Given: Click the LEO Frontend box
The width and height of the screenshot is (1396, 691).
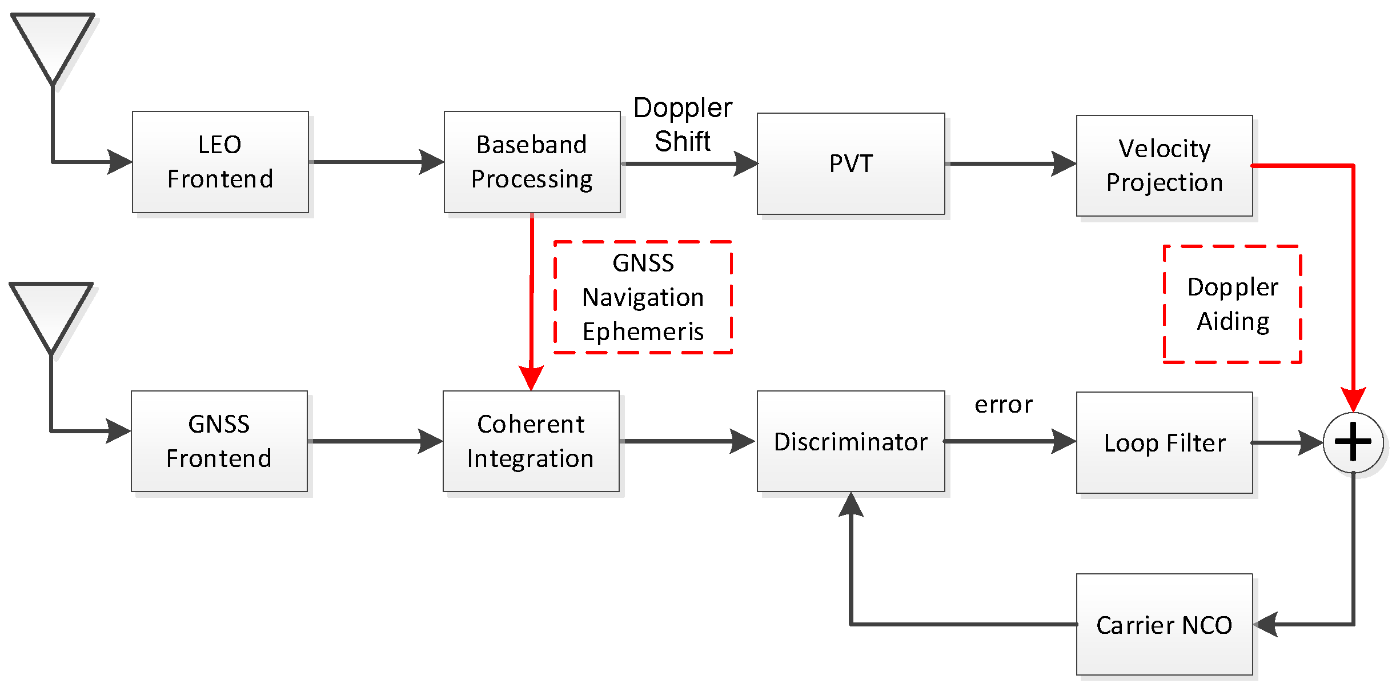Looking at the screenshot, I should pyautogui.click(x=220, y=162).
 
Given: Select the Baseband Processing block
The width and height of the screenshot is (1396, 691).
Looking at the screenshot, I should pyautogui.click(x=532, y=162).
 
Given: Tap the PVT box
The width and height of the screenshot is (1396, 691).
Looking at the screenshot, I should pyautogui.click(x=851, y=163).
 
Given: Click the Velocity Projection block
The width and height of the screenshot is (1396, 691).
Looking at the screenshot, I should pyautogui.click(x=1164, y=166).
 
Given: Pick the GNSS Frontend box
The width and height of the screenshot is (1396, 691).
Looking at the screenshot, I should pyautogui.click(x=219, y=441).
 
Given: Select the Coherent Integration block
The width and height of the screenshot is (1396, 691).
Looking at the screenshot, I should pyautogui.click(x=531, y=441).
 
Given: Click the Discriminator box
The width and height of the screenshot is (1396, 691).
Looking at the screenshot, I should pyautogui.click(x=851, y=441).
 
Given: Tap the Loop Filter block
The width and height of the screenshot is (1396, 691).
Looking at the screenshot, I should pyautogui.click(x=1164, y=442).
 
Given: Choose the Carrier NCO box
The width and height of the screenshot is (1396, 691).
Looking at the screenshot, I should pyautogui.click(x=1164, y=624).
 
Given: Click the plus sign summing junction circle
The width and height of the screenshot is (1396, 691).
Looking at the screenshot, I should pyautogui.click(x=1353, y=442).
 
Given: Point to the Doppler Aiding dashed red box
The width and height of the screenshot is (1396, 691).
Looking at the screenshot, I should pyautogui.click(x=1232, y=304).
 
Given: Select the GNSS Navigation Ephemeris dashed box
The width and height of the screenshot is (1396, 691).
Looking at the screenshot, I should pyautogui.click(x=643, y=297).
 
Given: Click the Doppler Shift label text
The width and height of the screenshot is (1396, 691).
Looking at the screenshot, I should pyautogui.click(x=683, y=124).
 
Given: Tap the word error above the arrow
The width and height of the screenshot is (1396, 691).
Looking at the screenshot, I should pyautogui.click(x=1003, y=405).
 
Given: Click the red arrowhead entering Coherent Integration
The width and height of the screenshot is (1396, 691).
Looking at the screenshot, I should pyautogui.click(x=531, y=378).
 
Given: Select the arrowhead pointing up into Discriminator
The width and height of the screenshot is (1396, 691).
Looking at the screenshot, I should pyautogui.click(x=851, y=504).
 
